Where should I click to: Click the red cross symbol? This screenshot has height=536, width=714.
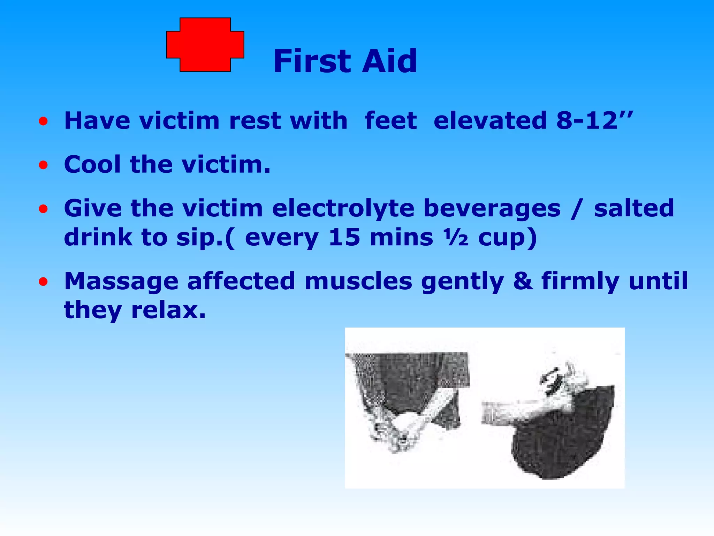pyautogui.click(x=205, y=45)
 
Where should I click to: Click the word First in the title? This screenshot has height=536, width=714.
pyautogui.click(x=311, y=61)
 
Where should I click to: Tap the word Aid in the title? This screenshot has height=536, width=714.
pyautogui.click(x=389, y=61)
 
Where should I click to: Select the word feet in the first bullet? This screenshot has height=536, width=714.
pyautogui.click(x=390, y=121)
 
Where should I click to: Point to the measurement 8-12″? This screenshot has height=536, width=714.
pyautogui.click(x=594, y=121)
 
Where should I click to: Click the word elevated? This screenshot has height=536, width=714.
pyautogui.click(x=490, y=121)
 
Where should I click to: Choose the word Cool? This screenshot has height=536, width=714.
pyautogui.click(x=92, y=164)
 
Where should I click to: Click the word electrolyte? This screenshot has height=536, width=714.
pyautogui.click(x=343, y=209)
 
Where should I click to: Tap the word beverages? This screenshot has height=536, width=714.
pyautogui.click(x=492, y=209)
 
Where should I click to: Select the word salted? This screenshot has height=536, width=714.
pyautogui.click(x=634, y=209)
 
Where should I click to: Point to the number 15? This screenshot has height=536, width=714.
pyautogui.click(x=344, y=238)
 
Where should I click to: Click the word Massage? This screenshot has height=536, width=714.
pyautogui.click(x=121, y=282)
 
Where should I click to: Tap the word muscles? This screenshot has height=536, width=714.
pyautogui.click(x=358, y=282)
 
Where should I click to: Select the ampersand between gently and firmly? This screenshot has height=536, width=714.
pyautogui.click(x=523, y=282)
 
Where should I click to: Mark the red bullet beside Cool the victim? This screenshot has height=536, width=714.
pyautogui.click(x=43, y=165)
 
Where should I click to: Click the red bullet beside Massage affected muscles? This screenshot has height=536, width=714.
pyautogui.click(x=43, y=282)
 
